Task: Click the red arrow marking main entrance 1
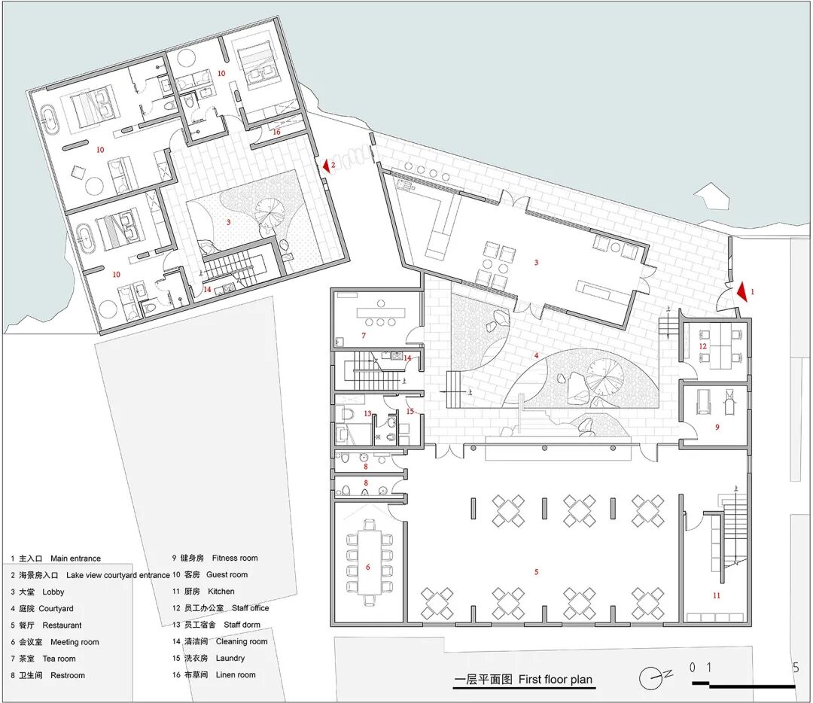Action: point(742,292)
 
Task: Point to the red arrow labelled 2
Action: point(327,166)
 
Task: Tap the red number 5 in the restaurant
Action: point(536,572)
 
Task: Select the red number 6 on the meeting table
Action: point(367,567)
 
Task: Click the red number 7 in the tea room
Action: point(364,336)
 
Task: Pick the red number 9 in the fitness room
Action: point(717,428)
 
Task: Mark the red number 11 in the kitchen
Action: point(716,595)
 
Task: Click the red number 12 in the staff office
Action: point(702,346)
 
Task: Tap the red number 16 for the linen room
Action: point(276,132)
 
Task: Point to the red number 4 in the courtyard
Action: point(536,356)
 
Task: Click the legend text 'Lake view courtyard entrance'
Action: point(117,575)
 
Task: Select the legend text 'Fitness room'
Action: point(235,558)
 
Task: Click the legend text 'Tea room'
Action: point(59,659)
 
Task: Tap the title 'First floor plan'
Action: point(556,679)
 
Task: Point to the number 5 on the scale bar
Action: point(796,668)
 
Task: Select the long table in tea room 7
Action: point(381,312)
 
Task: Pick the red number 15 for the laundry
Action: point(410,412)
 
